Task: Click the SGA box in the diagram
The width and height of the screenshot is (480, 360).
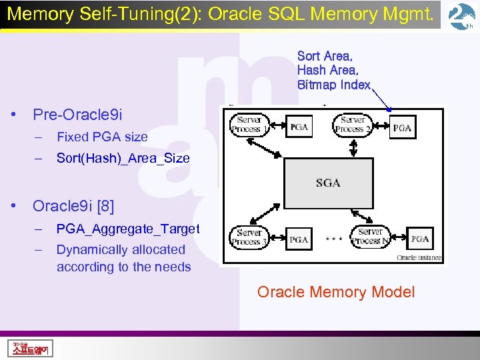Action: coord(327,182)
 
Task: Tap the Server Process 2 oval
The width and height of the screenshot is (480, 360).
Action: coord(351,124)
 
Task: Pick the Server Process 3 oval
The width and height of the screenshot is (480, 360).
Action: coord(248,237)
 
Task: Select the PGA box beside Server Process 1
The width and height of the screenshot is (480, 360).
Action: coord(299,127)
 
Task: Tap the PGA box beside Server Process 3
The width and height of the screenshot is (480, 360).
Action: coord(299,239)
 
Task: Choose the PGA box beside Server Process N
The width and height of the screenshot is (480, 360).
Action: coord(420,239)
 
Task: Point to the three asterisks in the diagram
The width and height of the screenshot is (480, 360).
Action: coord(334,238)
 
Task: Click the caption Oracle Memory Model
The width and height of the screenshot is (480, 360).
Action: coord(336,292)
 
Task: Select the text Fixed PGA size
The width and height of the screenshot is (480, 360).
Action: coord(102,137)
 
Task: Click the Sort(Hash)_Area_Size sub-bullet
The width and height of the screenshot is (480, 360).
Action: coord(123,158)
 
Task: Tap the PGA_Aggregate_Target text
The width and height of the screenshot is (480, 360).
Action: coord(128,229)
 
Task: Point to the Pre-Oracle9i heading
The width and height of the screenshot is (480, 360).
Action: coord(77,115)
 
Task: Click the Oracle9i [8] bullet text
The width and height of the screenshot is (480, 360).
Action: coord(73,206)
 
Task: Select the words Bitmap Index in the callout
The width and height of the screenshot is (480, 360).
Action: coord(333,85)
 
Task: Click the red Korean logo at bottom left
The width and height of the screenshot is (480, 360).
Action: coord(31,348)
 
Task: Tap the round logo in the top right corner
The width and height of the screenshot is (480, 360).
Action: coord(462,17)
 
